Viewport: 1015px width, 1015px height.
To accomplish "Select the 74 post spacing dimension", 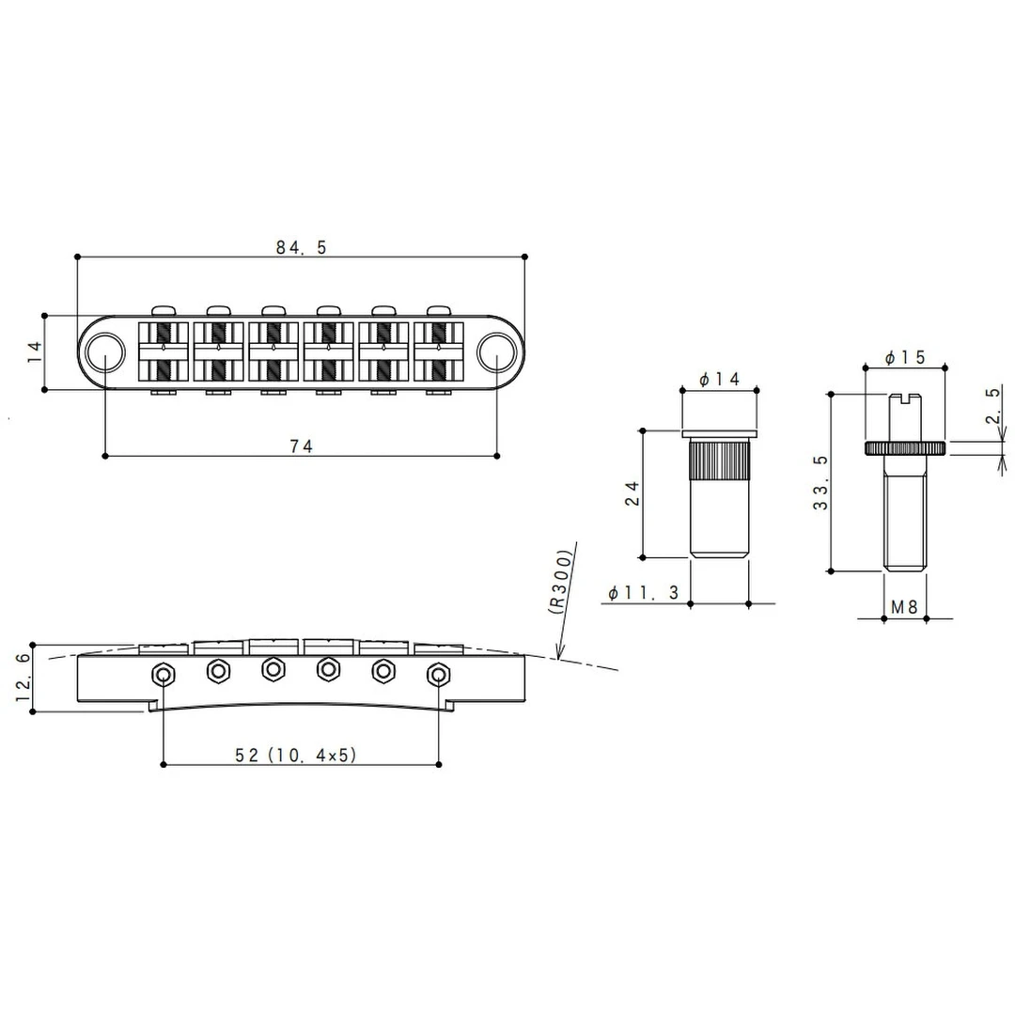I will coord(301,447).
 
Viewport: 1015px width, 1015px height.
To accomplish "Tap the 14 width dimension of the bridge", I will coord(35,352).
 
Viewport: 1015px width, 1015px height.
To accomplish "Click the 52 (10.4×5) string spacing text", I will coord(298,756).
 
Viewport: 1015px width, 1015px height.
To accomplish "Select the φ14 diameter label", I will coord(720,379).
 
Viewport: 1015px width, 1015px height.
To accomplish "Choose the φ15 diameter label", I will coord(905,357).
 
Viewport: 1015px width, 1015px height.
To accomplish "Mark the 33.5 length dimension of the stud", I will coord(820,482).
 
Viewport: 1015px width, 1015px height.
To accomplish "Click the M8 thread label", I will coord(903,608).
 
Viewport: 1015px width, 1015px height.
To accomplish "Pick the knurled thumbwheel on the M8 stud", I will coord(905,448).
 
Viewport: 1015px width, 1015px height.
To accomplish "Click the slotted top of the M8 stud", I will coord(905,398).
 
